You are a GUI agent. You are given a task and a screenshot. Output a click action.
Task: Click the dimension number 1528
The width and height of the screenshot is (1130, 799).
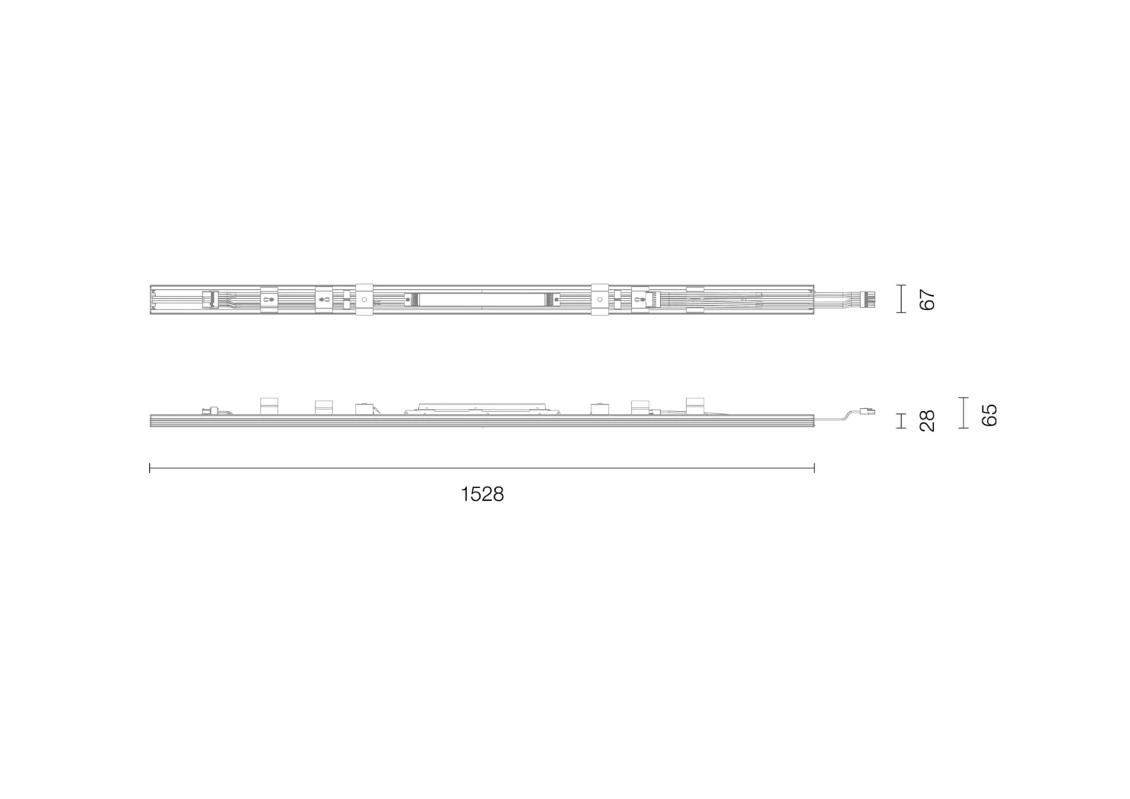482,495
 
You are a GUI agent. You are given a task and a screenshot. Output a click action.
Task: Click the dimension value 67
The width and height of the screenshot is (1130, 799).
927,299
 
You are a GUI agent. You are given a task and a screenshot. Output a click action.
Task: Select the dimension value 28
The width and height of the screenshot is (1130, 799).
927,420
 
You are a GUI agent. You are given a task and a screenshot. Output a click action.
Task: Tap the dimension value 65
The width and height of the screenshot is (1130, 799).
989,414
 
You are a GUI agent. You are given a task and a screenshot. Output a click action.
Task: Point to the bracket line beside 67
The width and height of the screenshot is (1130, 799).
901,299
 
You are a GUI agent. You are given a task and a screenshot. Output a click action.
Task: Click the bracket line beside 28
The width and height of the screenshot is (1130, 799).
901,420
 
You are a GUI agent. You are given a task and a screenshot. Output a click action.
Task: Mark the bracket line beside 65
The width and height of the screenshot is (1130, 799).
963,413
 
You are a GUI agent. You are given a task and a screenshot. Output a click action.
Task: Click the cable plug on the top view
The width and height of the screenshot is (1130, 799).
870,299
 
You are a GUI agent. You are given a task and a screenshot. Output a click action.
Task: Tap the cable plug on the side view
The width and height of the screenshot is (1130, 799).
869,411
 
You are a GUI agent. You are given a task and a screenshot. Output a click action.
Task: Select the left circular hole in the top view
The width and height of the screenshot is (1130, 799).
365,300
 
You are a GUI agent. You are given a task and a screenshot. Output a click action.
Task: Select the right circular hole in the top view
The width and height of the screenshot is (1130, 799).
600,300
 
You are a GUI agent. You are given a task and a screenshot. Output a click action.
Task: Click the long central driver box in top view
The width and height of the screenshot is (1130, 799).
482,300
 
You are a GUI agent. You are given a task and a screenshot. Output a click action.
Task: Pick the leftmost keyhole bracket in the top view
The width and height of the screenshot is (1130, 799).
269,300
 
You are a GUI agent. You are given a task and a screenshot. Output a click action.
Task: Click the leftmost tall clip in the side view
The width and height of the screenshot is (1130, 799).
269,406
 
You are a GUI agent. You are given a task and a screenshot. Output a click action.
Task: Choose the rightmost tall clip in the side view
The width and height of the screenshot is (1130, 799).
694,406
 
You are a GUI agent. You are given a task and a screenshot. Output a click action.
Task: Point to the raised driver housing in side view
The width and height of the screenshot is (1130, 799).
482,407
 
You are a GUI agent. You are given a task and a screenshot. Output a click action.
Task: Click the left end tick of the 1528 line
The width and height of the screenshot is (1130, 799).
150,468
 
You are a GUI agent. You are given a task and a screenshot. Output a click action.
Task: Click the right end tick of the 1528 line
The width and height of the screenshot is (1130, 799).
814,468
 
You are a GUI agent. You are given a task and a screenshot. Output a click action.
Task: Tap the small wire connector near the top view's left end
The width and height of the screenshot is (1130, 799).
210,300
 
